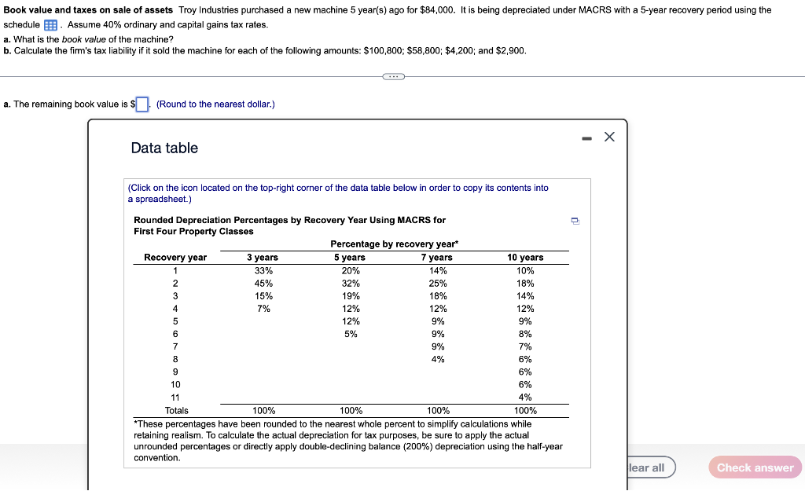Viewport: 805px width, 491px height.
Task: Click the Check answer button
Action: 755,467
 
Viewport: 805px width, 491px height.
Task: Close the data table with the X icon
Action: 609,137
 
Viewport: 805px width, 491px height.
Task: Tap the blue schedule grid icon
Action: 50,25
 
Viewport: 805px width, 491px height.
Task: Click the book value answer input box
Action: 142,104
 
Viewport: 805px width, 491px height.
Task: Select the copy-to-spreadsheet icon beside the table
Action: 575,221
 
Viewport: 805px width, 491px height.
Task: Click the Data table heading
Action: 164,148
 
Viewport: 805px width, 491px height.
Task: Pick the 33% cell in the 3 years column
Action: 263,271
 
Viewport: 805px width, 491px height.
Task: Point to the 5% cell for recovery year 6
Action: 351,334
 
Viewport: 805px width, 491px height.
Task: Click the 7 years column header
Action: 437,258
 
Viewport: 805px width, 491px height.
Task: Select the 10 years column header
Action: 525,258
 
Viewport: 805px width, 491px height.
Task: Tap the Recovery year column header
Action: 175,258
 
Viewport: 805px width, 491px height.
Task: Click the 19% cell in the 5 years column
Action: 351,296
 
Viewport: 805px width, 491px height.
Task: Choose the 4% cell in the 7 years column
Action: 438,359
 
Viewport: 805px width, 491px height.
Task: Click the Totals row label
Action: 176,410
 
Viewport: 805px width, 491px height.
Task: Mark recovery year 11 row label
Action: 175,398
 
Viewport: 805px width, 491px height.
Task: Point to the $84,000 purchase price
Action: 434,10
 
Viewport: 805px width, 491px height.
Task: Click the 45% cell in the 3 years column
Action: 263,284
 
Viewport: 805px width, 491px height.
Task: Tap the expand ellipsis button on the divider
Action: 393,77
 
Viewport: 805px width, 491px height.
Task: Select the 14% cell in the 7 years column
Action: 438,271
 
